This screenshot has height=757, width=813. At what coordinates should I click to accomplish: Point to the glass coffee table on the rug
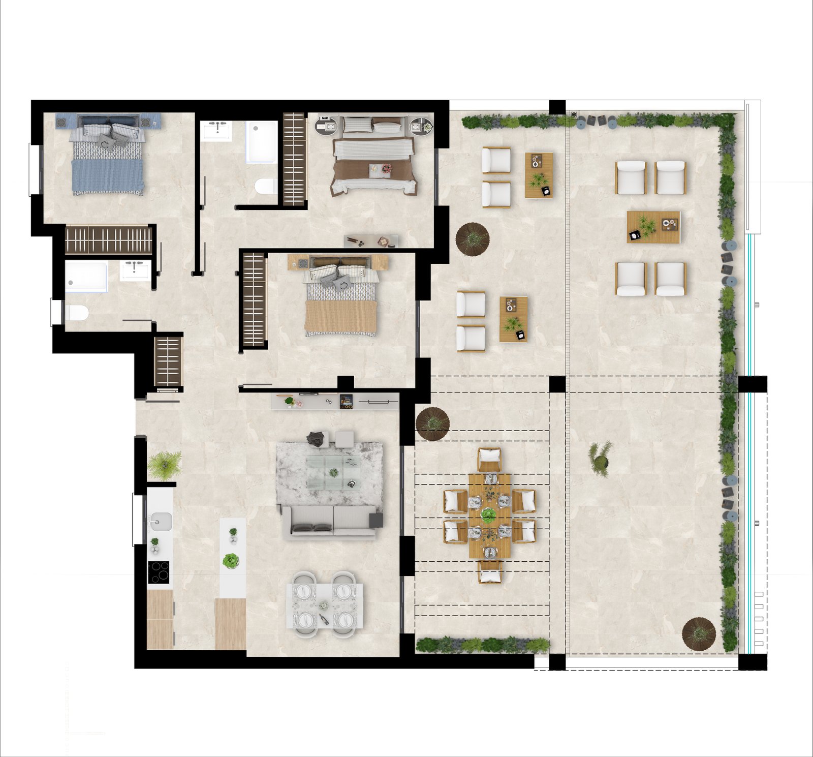[333, 472]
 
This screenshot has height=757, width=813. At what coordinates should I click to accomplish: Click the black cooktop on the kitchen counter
[159, 572]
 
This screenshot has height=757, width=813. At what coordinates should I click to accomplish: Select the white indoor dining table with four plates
[325, 605]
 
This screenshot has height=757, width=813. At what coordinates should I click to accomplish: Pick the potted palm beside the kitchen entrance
[164, 464]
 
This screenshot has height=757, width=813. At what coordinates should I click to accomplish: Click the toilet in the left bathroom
[76, 313]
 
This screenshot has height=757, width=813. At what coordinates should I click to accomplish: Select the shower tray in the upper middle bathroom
[261, 142]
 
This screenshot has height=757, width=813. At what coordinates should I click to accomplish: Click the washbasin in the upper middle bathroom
[217, 131]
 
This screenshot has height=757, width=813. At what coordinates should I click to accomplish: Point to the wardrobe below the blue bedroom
[108, 240]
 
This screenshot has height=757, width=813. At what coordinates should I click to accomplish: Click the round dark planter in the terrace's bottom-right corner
[699, 633]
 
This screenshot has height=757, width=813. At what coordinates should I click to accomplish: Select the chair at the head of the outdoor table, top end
[489, 459]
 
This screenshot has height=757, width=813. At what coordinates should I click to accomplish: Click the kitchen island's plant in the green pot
[231, 561]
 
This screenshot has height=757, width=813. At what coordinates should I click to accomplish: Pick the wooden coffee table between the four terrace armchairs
[653, 227]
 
